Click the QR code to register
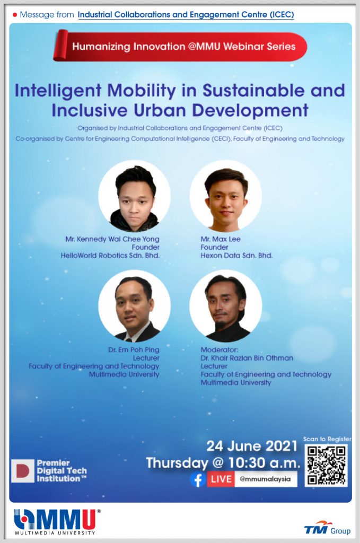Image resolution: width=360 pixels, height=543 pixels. (326, 466)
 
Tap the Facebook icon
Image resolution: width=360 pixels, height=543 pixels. (198, 479)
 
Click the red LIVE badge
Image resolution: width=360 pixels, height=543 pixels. (221, 479)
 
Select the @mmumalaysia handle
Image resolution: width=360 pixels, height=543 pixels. (265, 479)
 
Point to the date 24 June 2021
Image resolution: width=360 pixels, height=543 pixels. (252, 446)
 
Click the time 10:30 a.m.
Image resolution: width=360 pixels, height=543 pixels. (264, 463)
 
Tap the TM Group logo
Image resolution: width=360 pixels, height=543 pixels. (327, 528)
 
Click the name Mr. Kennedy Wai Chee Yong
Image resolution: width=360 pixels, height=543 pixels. (112, 239)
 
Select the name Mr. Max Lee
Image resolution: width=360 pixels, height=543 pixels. (221, 239)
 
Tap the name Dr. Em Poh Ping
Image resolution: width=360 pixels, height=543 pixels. (134, 350)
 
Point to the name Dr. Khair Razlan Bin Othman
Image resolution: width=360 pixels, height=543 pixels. (247, 358)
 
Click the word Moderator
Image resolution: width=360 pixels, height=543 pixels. (219, 350)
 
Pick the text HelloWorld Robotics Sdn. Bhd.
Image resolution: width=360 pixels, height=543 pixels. (110, 256)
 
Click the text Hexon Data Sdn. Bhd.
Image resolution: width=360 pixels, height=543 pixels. (237, 256)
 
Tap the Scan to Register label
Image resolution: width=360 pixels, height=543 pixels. (327, 439)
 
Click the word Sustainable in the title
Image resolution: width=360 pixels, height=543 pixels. (254, 91)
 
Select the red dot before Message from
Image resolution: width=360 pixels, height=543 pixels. (14, 15)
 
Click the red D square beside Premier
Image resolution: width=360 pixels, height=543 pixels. (23, 471)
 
